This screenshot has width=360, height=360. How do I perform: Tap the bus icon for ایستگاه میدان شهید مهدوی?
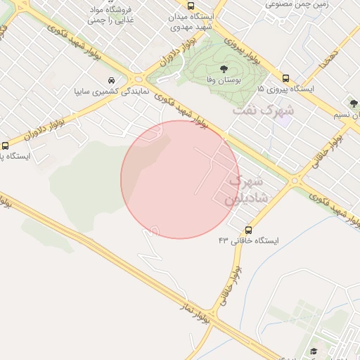[191, 5]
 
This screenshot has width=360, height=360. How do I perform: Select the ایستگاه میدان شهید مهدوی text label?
[191, 21]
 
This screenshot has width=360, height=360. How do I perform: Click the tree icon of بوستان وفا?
[224, 69]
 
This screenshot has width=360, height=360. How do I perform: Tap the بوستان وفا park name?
[219, 81]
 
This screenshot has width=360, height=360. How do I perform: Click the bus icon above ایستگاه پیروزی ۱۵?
[285, 78]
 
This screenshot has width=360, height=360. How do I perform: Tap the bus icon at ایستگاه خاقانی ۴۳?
[248, 230]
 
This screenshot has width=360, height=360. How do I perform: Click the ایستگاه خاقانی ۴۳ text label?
[248, 241]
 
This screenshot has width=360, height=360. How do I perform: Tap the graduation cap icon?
[314, 351]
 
